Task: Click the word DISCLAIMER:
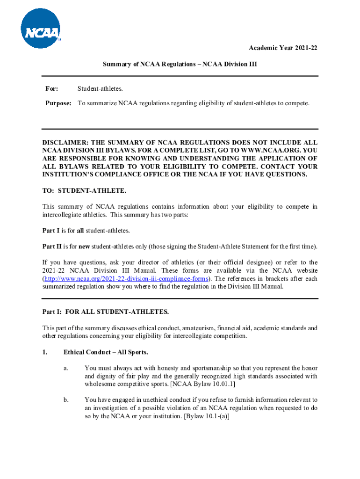point(65,142)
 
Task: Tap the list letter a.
point(66,368)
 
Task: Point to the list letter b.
point(66,400)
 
